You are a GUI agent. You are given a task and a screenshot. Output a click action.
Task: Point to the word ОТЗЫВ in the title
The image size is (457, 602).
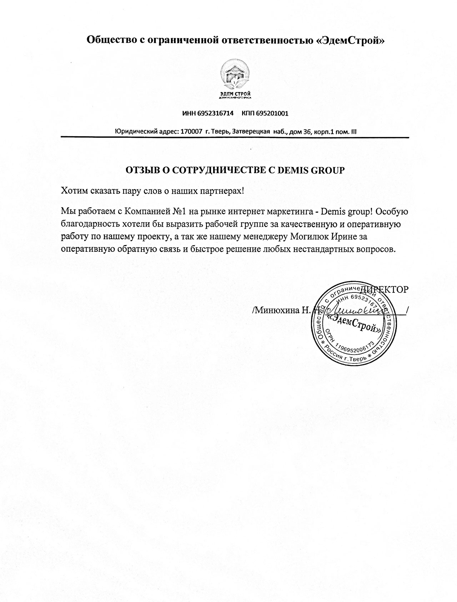[x=142, y=170]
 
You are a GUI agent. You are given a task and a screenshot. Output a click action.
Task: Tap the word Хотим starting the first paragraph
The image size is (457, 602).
[x=73, y=191]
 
